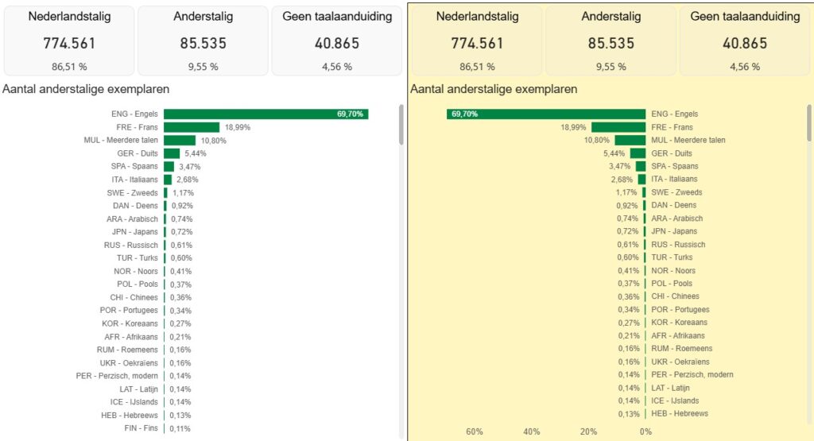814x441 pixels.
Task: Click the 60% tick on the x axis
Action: [475, 431]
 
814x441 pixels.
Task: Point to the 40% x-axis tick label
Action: [532, 431]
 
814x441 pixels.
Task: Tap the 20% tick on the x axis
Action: [588, 431]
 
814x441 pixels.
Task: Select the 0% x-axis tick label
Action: [645, 431]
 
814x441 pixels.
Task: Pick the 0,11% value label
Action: [180, 428]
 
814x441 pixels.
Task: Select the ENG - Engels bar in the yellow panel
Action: [546, 114]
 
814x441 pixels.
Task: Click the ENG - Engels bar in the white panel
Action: [266, 114]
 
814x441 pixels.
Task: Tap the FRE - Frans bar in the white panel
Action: [192, 127]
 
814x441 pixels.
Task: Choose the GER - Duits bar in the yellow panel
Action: [638, 153]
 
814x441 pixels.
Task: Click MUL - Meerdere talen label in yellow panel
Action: [688, 140]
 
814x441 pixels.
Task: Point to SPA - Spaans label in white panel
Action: [135, 167]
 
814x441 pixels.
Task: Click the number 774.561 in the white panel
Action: [69, 43]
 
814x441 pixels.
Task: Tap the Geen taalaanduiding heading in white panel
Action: [337, 17]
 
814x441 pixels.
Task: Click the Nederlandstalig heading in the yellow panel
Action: [477, 17]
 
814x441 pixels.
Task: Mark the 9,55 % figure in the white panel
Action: [203, 67]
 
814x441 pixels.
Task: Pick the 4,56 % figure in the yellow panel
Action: [745, 67]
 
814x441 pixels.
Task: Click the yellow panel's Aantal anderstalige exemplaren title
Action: [494, 89]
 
